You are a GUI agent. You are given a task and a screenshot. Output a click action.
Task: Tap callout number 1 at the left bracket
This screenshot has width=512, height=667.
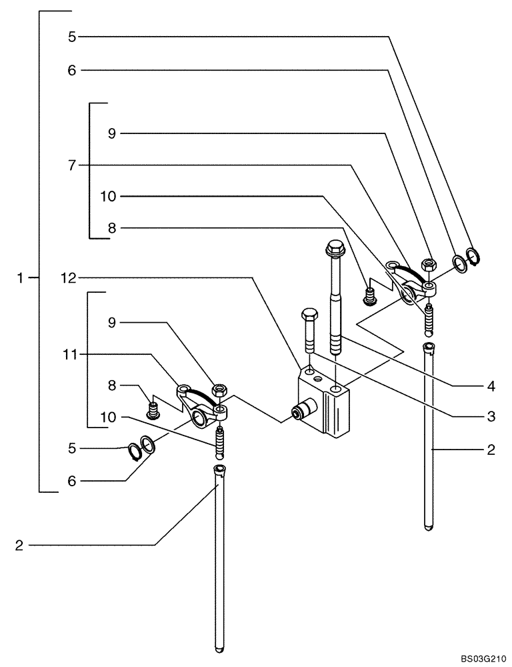22,277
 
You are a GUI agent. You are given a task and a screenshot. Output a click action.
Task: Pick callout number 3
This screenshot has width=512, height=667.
491,416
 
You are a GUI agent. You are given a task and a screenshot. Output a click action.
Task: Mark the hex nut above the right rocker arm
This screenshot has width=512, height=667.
430,264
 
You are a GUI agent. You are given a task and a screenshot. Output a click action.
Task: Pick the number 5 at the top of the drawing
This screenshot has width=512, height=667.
72,37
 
